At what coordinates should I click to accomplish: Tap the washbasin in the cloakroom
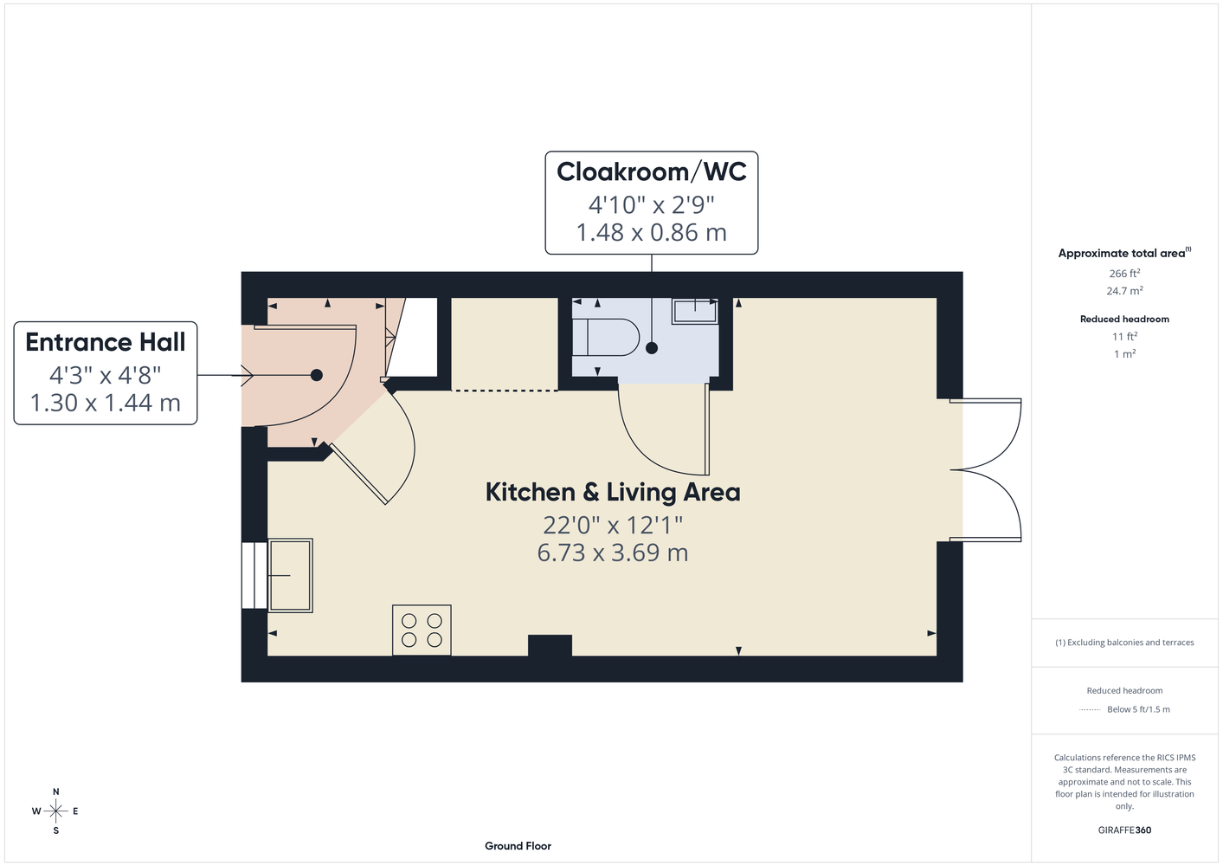[694, 312]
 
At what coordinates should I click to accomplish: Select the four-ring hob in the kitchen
[422, 630]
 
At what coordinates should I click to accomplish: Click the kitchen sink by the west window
[290, 575]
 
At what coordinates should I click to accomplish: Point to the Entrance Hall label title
[106, 342]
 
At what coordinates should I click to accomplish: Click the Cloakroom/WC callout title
[652, 171]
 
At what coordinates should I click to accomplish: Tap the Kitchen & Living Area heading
[613, 492]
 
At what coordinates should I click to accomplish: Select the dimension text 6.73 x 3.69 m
[613, 553]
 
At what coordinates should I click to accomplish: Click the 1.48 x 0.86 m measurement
[652, 232]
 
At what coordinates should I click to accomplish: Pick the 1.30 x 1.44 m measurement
[106, 403]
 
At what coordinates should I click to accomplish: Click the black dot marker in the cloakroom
[652, 348]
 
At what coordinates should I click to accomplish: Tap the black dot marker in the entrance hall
[317, 375]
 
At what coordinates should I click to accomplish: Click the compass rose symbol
[55, 811]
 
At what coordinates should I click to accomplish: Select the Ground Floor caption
[518, 846]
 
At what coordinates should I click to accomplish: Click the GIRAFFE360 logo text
[1124, 830]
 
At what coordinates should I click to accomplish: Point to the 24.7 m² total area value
[1124, 291]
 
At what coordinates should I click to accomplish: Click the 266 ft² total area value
[1124, 273]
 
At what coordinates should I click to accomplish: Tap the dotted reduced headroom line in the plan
[505, 391]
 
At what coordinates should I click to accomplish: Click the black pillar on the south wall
[550, 645]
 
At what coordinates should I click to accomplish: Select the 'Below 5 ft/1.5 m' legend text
[1138, 709]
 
